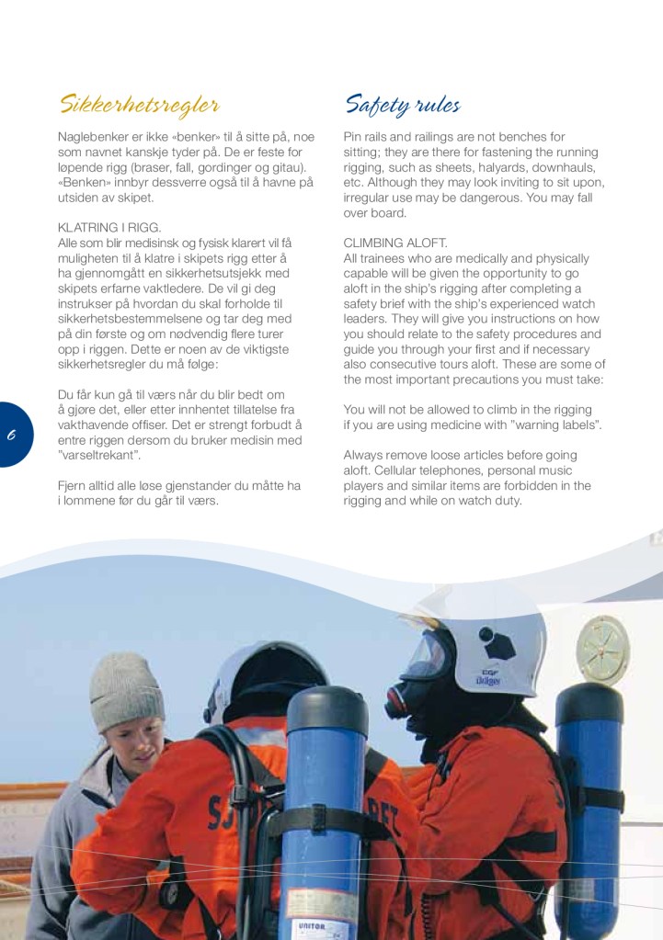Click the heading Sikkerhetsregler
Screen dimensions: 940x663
click(x=139, y=103)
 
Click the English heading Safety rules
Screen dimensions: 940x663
click(x=402, y=104)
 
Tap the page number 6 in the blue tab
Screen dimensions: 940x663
click(x=12, y=435)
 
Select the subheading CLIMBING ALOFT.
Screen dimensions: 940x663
click(x=395, y=243)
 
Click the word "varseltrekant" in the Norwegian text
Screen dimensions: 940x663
click(x=102, y=456)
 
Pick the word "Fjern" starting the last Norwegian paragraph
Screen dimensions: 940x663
click(x=74, y=486)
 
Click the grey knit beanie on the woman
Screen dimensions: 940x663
click(x=126, y=690)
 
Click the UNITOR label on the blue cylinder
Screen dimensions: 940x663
click(x=312, y=926)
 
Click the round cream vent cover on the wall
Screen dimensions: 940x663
click(x=602, y=648)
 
